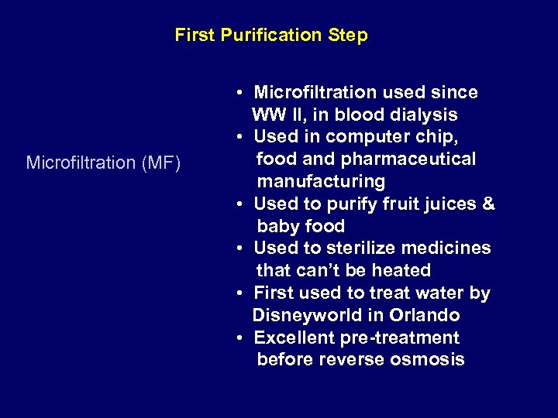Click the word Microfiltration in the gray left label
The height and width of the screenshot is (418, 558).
78,163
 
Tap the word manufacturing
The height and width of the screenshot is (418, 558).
321,182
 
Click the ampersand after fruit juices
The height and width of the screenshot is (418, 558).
487,204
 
